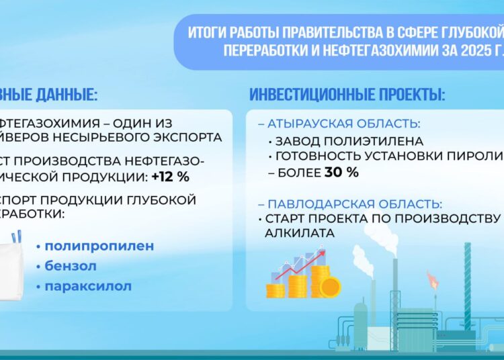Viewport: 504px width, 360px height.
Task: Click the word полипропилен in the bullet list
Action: pos(99,246)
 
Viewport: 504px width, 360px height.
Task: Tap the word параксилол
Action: pos(88,286)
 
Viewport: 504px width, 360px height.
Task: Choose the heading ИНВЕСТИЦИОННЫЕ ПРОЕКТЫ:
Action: pos(347,95)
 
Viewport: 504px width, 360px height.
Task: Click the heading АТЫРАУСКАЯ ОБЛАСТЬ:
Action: pos(344,124)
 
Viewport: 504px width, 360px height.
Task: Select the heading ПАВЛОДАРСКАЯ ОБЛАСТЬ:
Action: pos(355,204)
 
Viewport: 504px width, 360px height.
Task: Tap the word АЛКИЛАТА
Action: pos(292,232)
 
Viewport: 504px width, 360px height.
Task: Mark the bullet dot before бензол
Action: pos(39,267)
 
